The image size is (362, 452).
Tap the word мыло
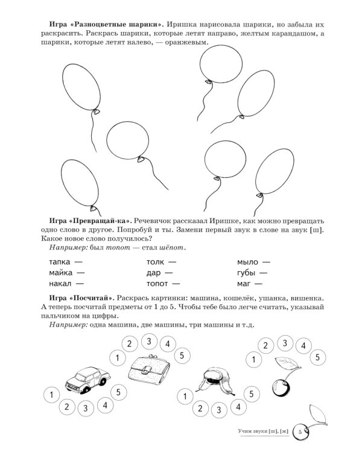[x=249, y=262]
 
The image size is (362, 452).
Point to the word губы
[x=249, y=272]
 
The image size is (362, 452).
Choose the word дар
[x=154, y=272]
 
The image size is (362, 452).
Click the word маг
[x=246, y=283]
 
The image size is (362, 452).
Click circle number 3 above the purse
[x=147, y=341]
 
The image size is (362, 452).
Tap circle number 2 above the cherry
[x=263, y=345]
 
